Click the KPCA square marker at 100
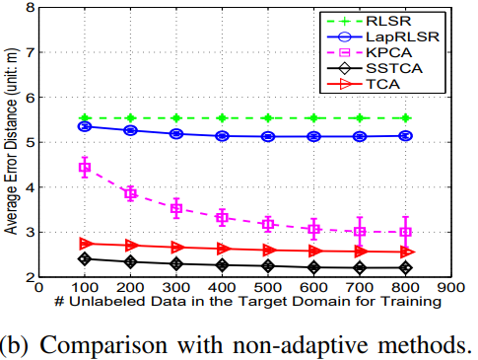tap(85, 168)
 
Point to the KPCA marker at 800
tap(405, 232)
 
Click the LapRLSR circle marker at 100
tap(85, 126)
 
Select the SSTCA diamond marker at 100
tap(85, 258)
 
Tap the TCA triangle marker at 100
tap(85, 243)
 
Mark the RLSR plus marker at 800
tap(405, 118)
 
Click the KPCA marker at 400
tap(222, 217)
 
